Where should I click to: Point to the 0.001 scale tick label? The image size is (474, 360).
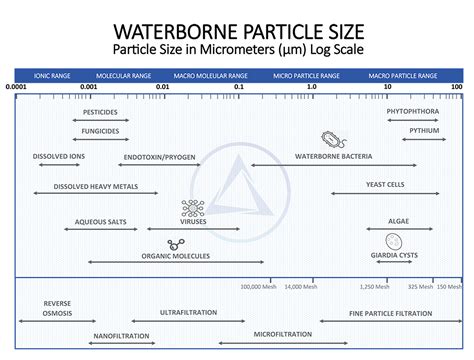pos(88,87)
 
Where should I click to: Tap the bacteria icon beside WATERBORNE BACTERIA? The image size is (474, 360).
pos(328,140)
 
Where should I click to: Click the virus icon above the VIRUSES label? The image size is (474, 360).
pos(191,208)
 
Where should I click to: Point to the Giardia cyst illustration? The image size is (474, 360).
pos(394,241)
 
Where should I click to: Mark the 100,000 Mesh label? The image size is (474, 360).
pos(258,286)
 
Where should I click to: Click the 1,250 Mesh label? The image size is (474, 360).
pos(372,286)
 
